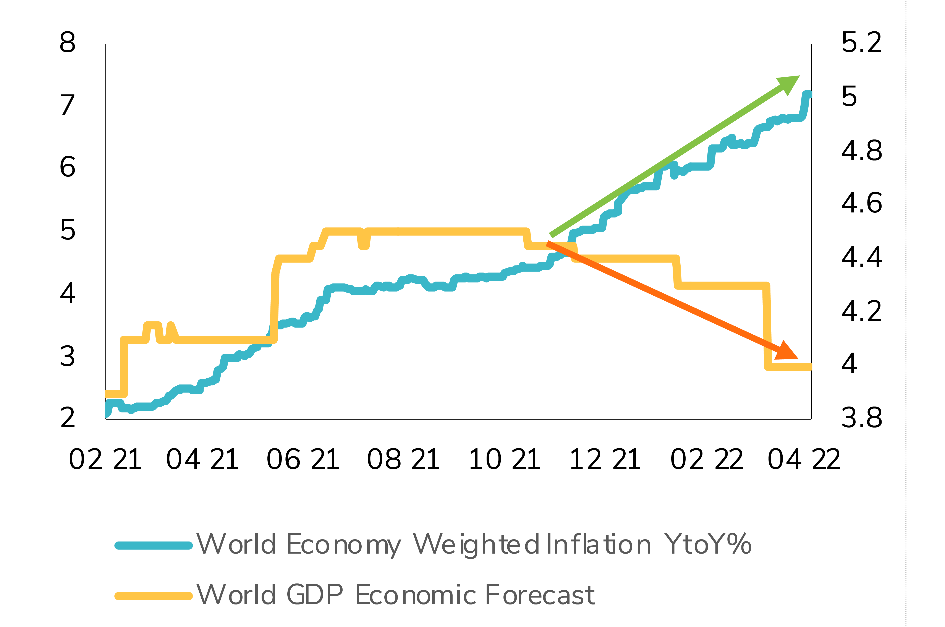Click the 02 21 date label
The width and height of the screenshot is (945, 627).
[105, 460]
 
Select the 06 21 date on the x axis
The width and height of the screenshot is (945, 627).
[303, 460]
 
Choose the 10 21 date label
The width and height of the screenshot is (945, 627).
[504, 460]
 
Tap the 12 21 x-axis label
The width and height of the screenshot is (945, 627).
[605, 460]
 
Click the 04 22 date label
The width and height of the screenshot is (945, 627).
[804, 460]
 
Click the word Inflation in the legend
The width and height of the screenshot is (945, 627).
[598, 545]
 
